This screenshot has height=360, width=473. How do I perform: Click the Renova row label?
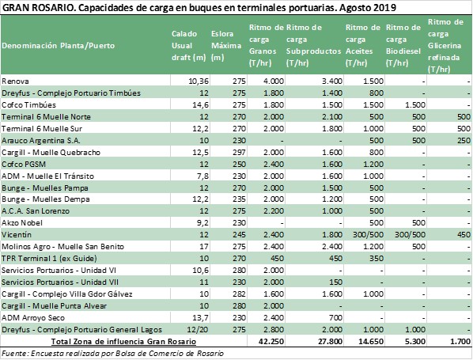(15, 81)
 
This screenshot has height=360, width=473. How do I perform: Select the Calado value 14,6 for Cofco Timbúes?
(201, 105)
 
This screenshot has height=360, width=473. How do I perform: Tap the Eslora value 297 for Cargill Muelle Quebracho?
(239, 153)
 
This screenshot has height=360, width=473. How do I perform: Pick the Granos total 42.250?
(271, 342)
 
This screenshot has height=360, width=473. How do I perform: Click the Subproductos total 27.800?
(330, 342)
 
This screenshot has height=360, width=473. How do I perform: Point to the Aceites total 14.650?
(371, 342)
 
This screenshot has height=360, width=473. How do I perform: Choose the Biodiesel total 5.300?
(415, 342)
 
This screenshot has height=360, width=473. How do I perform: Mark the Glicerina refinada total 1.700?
(460, 342)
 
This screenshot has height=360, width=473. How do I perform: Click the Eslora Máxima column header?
(226, 46)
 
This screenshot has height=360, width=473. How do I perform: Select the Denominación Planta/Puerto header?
(59, 46)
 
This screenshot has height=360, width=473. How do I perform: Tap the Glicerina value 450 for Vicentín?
(464, 234)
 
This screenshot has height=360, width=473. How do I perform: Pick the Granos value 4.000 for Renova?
(274, 81)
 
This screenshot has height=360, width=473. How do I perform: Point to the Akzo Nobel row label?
(22, 223)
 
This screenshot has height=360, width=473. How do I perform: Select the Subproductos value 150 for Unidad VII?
(335, 282)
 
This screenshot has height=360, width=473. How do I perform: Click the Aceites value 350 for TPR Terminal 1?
(377, 258)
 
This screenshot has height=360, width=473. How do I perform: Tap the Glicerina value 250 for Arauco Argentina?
(464, 141)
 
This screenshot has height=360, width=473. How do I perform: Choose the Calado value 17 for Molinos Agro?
(204, 247)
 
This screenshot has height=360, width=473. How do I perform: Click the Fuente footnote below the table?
(112, 354)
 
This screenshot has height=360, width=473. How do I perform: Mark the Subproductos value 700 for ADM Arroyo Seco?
(335, 318)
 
